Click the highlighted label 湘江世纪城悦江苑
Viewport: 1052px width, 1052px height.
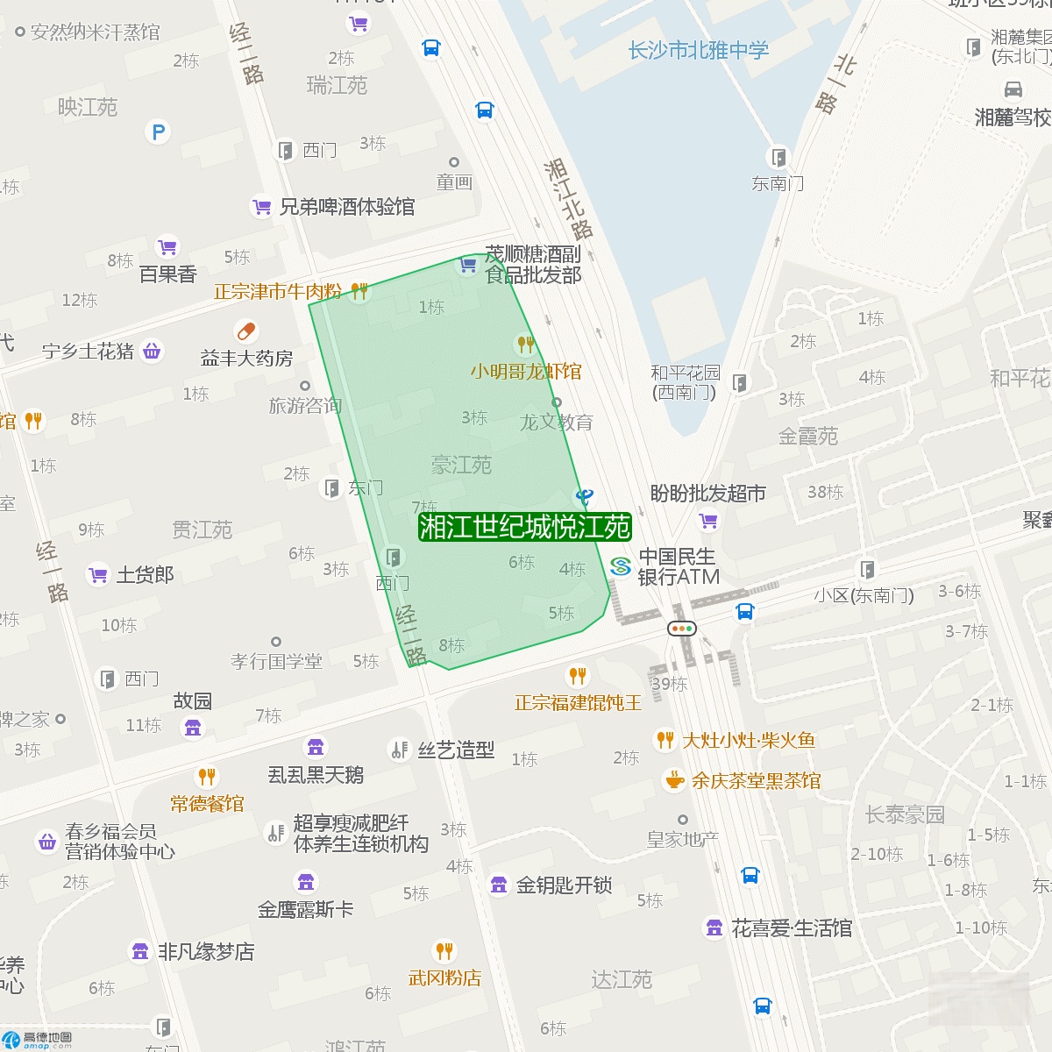coord(524,527)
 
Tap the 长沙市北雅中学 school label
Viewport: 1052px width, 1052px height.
coord(698,51)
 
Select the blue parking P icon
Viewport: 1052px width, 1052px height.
coord(158,132)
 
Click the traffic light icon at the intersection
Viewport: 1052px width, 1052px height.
coord(681,628)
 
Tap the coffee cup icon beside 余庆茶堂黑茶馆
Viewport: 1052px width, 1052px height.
coord(674,779)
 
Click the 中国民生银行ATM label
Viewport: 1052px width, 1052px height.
coord(678,566)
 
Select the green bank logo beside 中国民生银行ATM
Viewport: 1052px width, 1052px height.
coord(620,566)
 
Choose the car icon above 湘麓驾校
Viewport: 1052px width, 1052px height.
coord(1013,89)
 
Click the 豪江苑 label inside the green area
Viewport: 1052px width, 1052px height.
coord(461,465)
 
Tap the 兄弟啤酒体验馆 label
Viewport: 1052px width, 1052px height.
coord(346,207)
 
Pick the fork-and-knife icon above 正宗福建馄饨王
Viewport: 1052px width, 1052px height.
coord(577,676)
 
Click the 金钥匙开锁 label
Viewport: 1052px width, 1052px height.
coord(564,885)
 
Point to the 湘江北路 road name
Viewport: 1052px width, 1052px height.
coord(568,199)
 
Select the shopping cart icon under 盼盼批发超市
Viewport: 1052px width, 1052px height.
coord(708,522)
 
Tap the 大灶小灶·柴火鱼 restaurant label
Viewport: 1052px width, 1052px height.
coord(749,741)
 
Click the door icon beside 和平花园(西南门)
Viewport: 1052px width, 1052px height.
coord(740,382)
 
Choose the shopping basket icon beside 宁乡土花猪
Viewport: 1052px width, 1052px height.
coord(152,352)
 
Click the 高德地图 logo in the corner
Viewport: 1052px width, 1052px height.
coord(37,1039)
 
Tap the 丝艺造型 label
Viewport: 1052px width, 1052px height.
coord(456,750)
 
